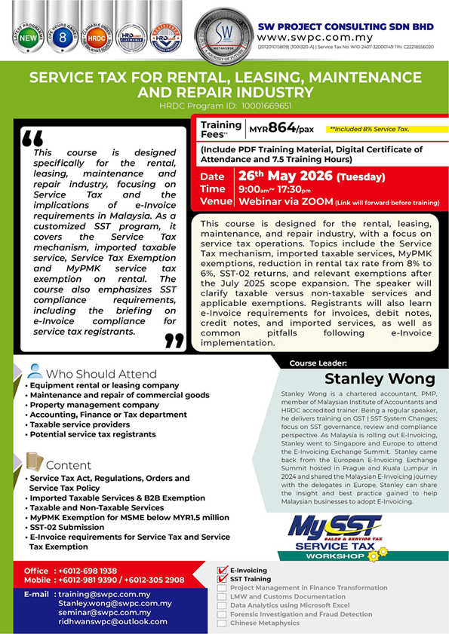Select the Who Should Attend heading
101,373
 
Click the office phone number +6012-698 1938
88,571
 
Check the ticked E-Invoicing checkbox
221,571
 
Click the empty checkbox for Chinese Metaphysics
221,623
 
